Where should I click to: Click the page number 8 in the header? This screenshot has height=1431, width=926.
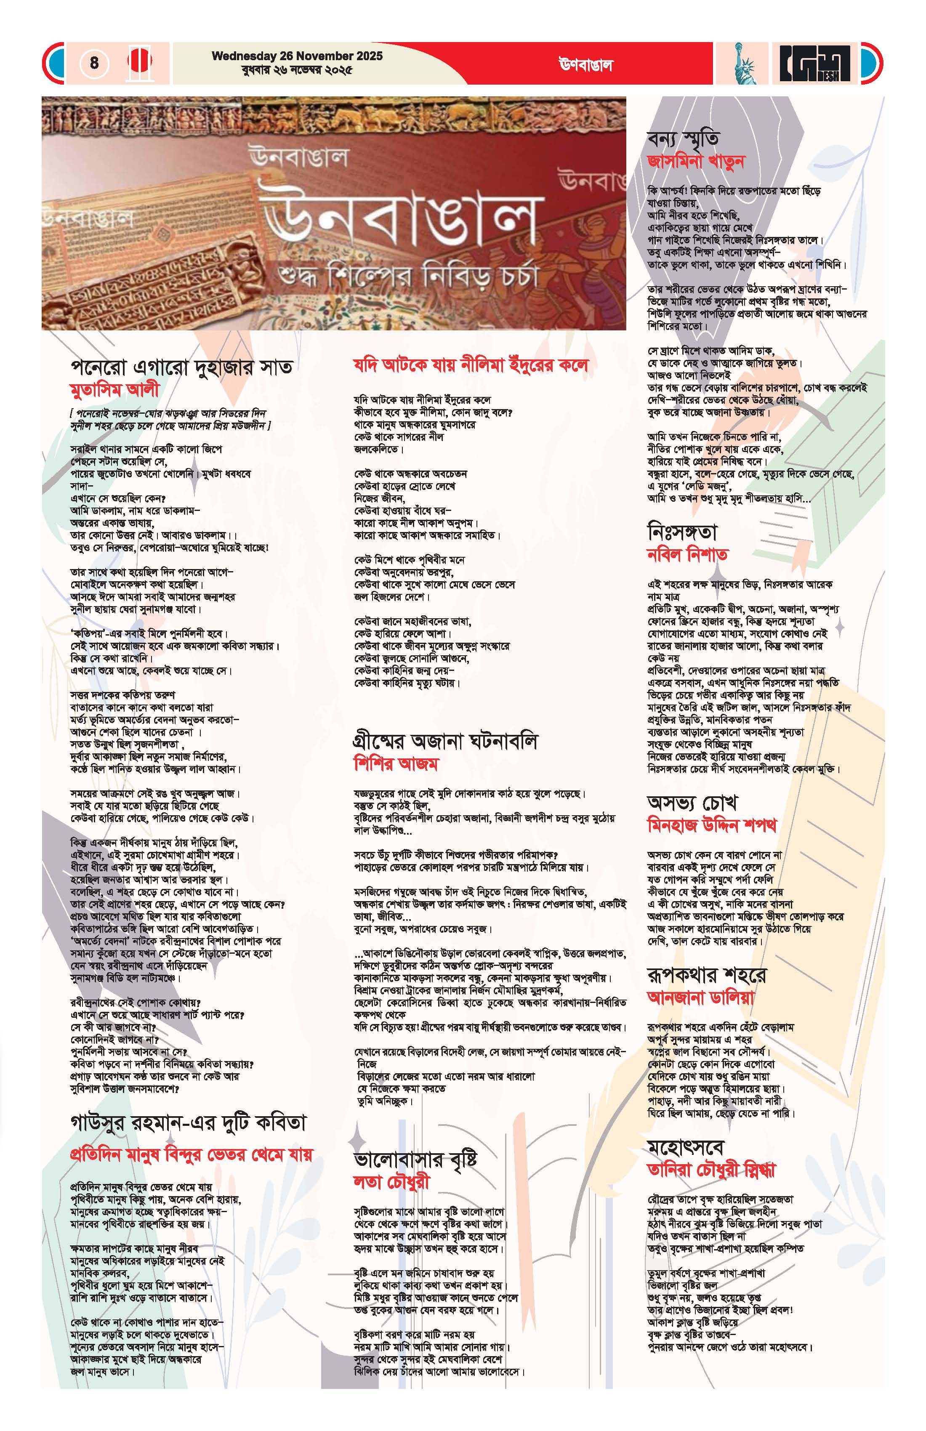pyautogui.click(x=94, y=63)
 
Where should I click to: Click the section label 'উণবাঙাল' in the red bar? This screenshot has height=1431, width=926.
pyautogui.click(x=585, y=65)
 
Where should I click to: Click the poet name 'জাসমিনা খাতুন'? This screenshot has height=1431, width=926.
pyautogui.click(x=696, y=161)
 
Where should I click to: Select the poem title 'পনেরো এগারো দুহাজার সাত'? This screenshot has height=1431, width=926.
pyautogui.click(x=181, y=366)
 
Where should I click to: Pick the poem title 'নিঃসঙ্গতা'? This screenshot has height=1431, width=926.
pyautogui.click(x=682, y=532)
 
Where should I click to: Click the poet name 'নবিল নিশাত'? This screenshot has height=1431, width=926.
pyautogui.click(x=687, y=554)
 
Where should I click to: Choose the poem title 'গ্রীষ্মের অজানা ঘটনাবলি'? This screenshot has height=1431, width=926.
pyautogui.click(x=446, y=741)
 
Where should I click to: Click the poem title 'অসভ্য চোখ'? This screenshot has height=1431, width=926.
pyautogui.click(x=692, y=803)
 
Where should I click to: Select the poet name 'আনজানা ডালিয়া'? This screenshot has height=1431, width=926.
pyautogui.click(x=700, y=997)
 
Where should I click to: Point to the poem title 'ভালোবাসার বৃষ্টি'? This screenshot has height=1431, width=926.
pyautogui.click(x=415, y=1159)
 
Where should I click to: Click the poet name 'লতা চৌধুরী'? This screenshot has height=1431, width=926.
pyautogui.click(x=391, y=1181)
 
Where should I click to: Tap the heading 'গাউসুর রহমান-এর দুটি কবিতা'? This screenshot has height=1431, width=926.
pyautogui.click(x=188, y=1122)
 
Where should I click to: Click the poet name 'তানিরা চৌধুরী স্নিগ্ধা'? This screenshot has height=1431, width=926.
pyautogui.click(x=711, y=1170)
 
